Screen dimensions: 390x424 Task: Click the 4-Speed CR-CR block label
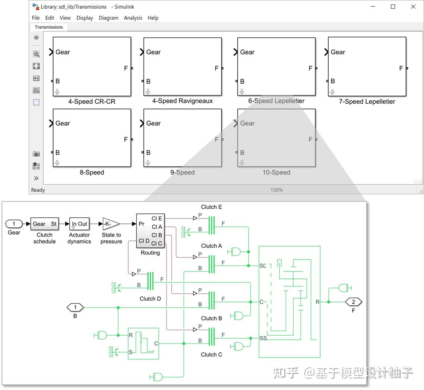tap(92, 101)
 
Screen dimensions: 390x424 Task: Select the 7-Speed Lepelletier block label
tap(367, 101)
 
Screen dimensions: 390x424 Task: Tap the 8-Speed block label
tap(92, 173)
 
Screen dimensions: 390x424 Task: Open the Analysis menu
tap(133, 18)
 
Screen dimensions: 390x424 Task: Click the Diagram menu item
tap(108, 18)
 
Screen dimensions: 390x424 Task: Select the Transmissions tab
tap(49, 27)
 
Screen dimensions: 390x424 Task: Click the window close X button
tap(413, 7)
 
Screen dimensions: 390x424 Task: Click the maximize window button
tap(393, 7)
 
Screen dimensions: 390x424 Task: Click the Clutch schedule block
tap(44, 224)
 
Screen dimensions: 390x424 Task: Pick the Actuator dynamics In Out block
tap(79, 224)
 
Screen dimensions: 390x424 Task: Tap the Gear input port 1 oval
tap(14, 224)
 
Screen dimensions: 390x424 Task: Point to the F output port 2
tap(353, 302)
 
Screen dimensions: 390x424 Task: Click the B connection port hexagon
tap(75, 308)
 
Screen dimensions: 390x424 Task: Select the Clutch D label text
tap(150, 299)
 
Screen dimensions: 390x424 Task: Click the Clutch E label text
tap(211, 207)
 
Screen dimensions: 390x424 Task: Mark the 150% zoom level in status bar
tap(276, 190)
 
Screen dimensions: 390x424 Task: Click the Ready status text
tap(38, 190)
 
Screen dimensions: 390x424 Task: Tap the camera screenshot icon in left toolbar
tap(36, 154)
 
